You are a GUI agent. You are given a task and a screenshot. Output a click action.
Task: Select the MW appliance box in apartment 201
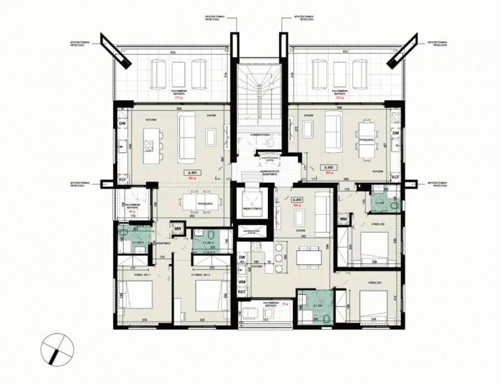[x=178, y=228]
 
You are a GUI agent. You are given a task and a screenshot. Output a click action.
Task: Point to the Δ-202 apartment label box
[x=328, y=167]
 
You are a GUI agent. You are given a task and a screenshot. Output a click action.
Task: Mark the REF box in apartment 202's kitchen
[x=395, y=177]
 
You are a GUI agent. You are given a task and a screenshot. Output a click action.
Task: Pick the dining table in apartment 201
[x=197, y=200]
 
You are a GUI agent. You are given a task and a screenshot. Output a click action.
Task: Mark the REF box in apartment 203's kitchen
[x=242, y=291]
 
